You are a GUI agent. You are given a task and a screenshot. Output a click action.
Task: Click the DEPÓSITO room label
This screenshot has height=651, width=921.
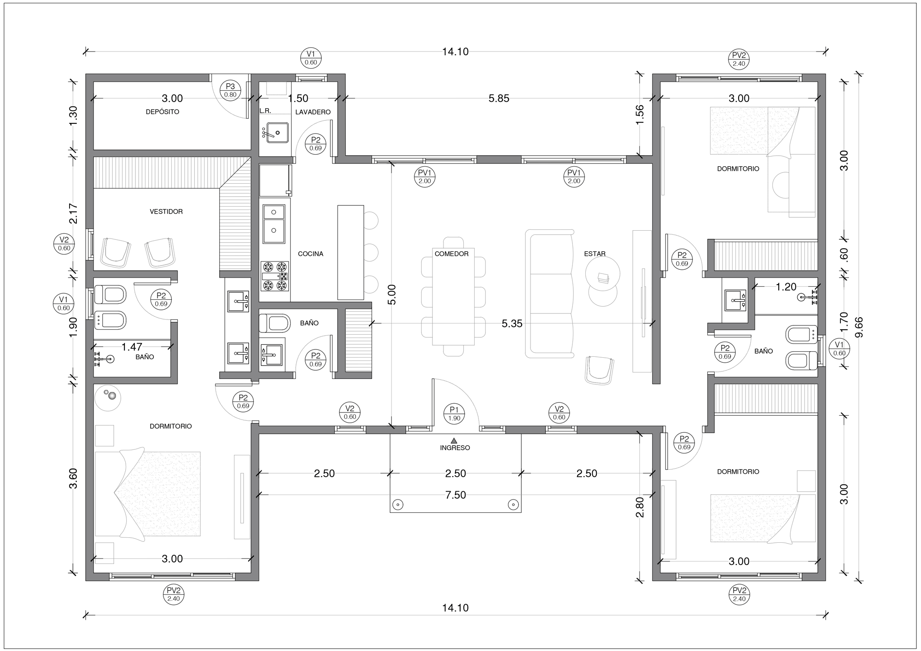(163, 112)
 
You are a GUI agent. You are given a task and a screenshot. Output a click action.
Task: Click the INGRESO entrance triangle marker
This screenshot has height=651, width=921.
(455, 440)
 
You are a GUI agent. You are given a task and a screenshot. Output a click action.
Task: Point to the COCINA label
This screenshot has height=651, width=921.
(311, 254)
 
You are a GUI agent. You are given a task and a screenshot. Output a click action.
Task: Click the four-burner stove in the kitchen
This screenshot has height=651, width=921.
(275, 276)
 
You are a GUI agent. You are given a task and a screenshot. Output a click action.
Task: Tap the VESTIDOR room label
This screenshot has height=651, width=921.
(166, 212)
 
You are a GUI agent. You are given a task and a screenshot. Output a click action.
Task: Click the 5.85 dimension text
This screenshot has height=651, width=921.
(499, 99)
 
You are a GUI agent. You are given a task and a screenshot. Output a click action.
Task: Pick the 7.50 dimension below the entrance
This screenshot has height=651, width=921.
(456, 495)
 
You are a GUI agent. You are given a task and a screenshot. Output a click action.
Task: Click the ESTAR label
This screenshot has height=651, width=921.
(595, 254)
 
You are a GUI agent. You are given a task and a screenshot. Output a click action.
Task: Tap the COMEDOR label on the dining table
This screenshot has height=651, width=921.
(452, 254)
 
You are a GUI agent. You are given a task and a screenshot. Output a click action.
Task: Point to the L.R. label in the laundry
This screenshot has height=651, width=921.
(265, 111)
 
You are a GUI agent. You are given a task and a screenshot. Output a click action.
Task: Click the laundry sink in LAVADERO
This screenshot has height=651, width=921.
(278, 133)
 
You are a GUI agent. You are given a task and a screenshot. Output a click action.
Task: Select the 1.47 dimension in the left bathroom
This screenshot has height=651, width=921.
(132, 347)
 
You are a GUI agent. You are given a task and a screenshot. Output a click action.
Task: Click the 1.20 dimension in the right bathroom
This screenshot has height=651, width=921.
(786, 287)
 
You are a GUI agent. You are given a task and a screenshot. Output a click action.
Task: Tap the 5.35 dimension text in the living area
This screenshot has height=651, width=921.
(512, 324)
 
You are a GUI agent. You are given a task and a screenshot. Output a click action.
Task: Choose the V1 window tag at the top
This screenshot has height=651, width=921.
(311, 58)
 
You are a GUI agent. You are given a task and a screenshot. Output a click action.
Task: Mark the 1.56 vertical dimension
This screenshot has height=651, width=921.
(640, 115)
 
